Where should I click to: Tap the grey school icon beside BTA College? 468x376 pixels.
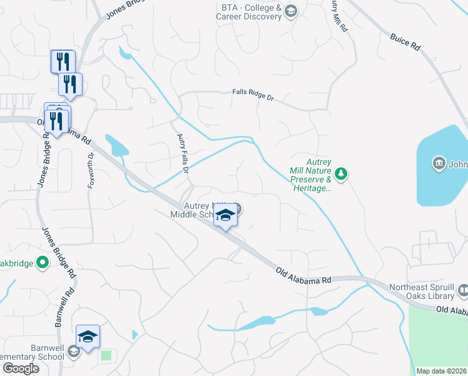[290, 11]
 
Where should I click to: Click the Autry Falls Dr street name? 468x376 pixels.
[183, 150]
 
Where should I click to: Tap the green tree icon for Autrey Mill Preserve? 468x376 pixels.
[341, 173]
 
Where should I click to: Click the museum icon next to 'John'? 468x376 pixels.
[439, 165]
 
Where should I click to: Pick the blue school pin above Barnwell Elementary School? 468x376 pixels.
[88, 337]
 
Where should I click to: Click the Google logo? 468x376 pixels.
[21, 368]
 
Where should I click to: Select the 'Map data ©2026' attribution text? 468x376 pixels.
[442, 371]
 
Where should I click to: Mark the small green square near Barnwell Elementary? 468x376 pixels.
[106, 355]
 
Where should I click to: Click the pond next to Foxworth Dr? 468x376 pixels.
[117, 145]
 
